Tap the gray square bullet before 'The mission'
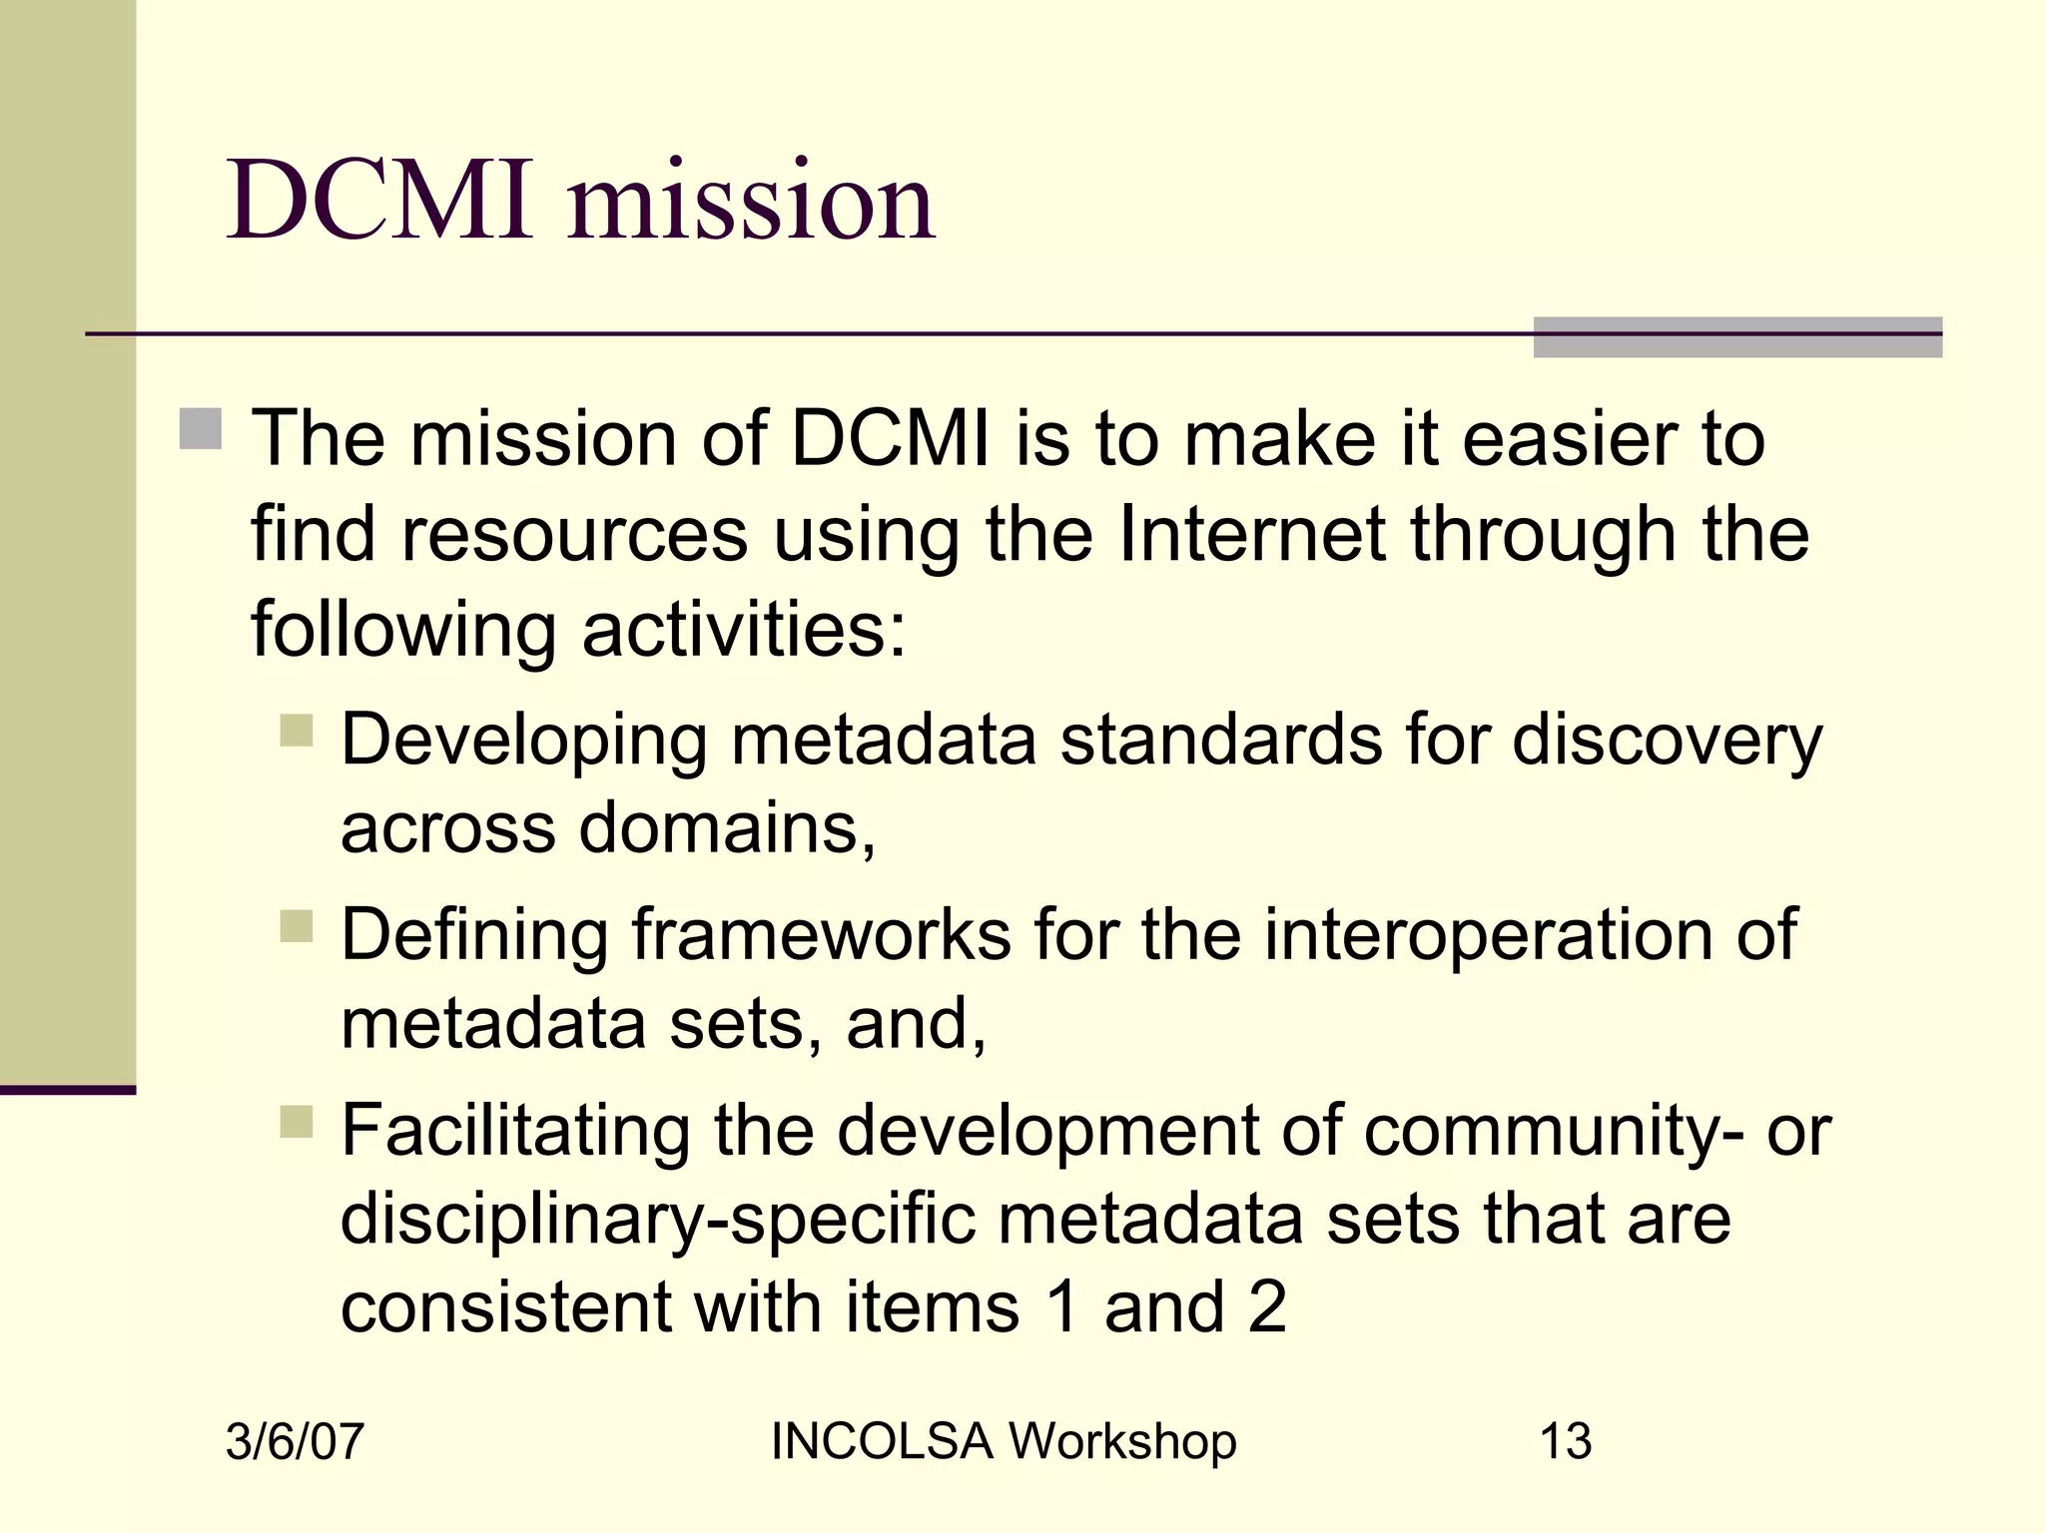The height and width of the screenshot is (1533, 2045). [201, 429]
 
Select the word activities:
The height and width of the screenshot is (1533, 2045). [744, 630]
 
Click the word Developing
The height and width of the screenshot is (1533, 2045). [525, 741]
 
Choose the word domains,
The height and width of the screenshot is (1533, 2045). [728, 827]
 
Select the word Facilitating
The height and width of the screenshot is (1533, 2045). [515, 1130]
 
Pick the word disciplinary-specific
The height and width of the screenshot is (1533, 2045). [658, 1219]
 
